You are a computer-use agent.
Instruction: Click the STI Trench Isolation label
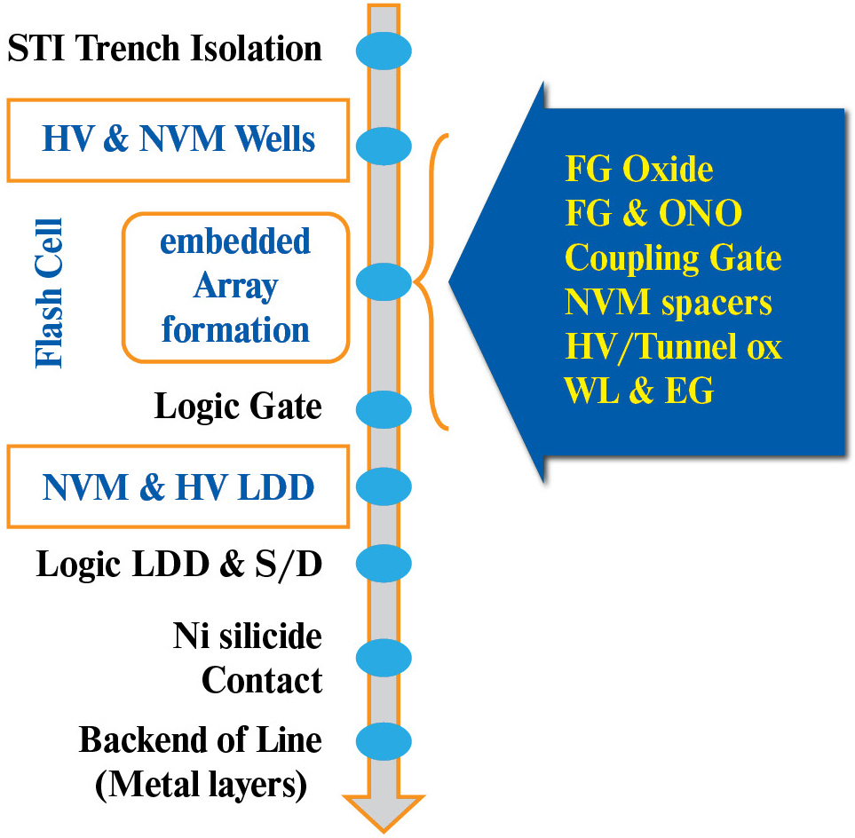click(164, 48)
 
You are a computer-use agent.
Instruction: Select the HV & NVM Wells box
click(178, 139)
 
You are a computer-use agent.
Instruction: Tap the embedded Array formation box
click(235, 287)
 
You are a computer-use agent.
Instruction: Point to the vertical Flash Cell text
click(50, 292)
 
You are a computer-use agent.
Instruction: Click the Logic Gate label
click(238, 407)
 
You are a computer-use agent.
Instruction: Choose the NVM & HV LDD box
click(178, 486)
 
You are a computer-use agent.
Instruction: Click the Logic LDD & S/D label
click(178, 564)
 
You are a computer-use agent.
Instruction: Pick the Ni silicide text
click(247, 636)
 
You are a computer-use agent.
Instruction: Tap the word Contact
click(261, 680)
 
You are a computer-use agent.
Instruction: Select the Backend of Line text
click(200, 739)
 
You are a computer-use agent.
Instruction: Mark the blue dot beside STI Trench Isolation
click(384, 49)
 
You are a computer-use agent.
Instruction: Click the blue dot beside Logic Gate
click(384, 408)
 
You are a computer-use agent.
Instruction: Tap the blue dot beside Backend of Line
click(384, 739)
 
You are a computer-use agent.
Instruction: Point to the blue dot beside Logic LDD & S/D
click(384, 563)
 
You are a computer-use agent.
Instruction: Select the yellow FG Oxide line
click(639, 169)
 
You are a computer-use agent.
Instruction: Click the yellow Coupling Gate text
click(673, 257)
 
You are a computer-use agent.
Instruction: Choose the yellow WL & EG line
click(638, 391)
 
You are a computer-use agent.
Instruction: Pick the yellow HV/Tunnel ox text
click(673, 346)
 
